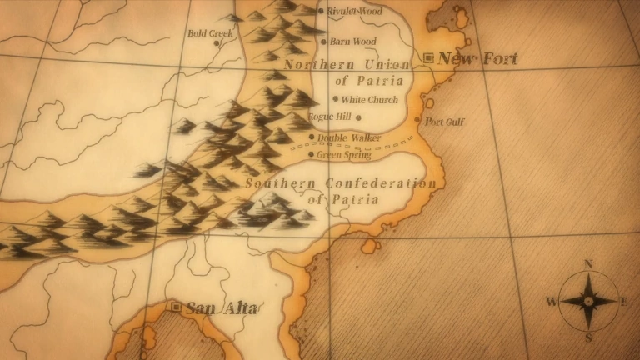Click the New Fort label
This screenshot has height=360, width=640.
click(477, 58)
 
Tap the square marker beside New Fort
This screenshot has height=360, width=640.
click(429, 57)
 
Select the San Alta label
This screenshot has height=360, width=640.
click(221, 308)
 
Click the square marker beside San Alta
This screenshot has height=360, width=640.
click(176, 307)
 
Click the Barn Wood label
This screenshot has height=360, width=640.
click(353, 42)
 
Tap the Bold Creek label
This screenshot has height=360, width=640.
click(211, 34)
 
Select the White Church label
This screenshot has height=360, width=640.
click(370, 100)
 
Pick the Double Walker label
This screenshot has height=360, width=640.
click(349, 137)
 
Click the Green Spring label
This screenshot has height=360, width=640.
click(344, 154)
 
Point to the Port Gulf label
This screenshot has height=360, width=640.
click(445, 122)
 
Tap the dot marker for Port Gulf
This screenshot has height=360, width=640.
click(418, 120)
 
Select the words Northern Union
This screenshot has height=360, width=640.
click(347, 65)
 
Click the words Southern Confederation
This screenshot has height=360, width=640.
click(341, 183)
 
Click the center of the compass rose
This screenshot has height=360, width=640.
click(588, 301)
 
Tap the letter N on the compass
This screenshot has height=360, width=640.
click(589, 264)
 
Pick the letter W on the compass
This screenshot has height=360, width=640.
click(551, 301)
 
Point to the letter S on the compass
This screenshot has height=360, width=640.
click(587, 337)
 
